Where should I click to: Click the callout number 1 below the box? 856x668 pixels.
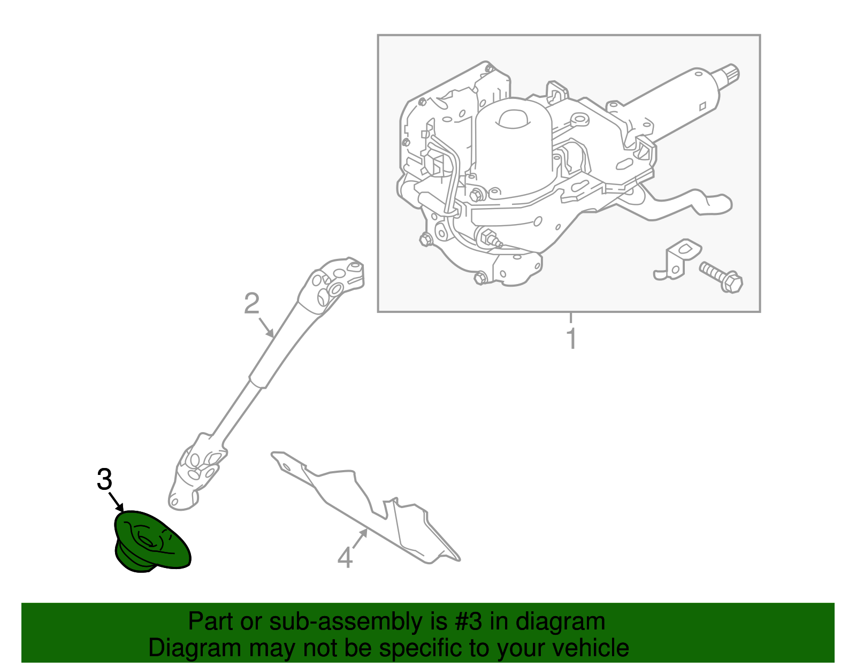(571, 339)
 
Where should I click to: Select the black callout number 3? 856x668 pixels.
(104, 479)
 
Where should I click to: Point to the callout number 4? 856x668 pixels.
(345, 558)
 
